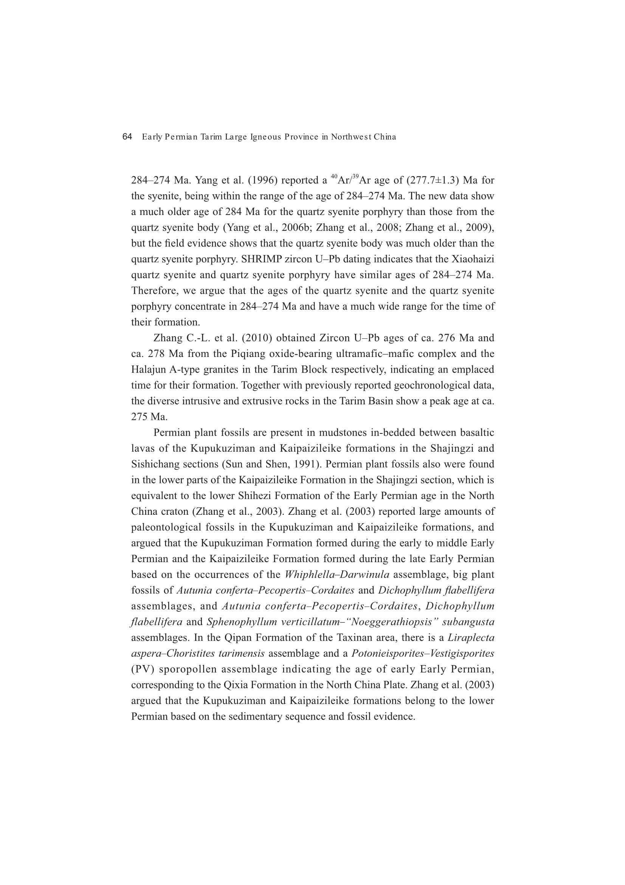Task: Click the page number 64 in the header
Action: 127,137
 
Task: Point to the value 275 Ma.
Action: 149,417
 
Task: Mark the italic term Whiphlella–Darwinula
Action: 337,575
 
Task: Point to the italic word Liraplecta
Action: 471,637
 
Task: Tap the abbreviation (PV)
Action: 143,669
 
